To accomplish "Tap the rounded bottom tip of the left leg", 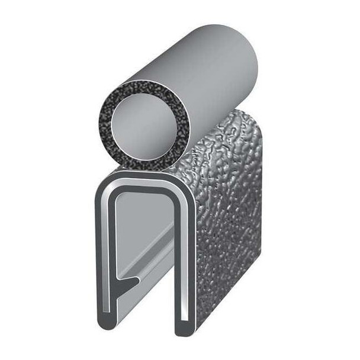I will pos(107,329).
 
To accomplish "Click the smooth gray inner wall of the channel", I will pos(142,225).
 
